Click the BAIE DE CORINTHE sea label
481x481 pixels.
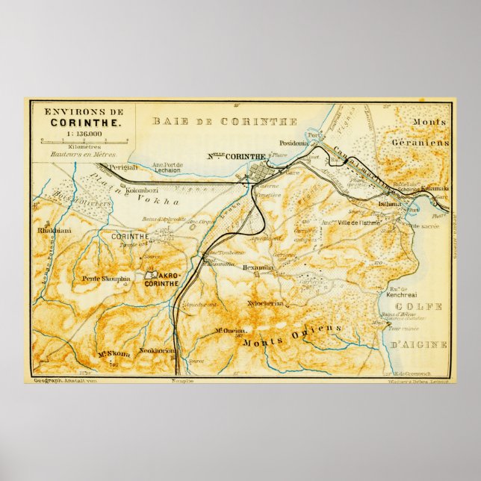tap(225, 121)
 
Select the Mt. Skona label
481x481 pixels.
tap(114, 354)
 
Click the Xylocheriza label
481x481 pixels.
tap(264, 304)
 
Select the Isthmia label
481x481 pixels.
tap(390, 202)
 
